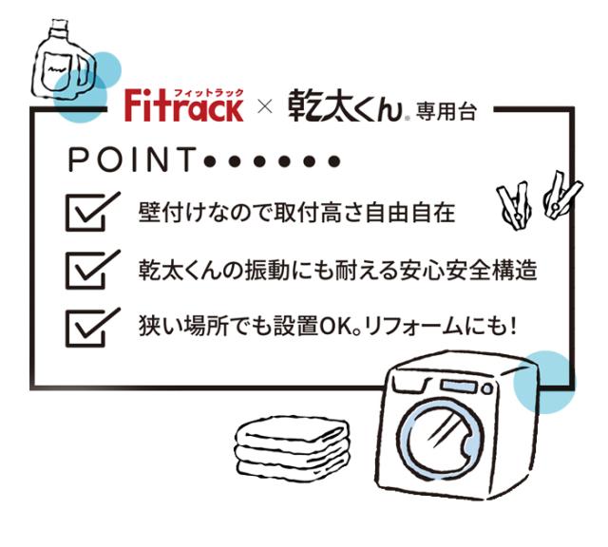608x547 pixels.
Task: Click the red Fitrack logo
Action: coord(183,105)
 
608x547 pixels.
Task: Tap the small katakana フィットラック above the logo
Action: coord(209,92)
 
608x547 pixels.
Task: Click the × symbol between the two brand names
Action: coord(265,106)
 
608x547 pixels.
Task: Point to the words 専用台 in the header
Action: coord(446,112)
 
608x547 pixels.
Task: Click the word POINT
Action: coord(132,160)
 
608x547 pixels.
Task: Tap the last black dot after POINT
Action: coord(333,161)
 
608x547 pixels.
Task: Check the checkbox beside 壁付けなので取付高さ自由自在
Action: coord(92,211)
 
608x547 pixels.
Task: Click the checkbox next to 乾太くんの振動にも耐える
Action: coord(92,269)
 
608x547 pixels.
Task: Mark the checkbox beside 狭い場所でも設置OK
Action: coord(92,328)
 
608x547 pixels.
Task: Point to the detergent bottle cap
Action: coord(59,28)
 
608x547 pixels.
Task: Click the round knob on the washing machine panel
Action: coord(487,388)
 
